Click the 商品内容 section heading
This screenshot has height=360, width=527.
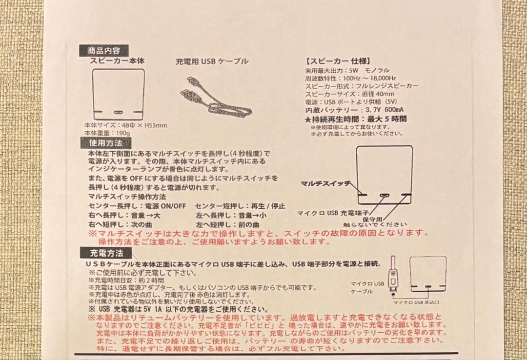pos(103,50)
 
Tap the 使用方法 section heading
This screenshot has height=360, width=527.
pos(103,143)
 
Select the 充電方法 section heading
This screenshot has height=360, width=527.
pos(103,253)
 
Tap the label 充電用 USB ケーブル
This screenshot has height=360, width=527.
pos(212,61)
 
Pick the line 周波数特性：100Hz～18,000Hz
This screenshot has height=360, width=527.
pos(350,78)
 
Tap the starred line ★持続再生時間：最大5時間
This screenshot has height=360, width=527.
pos(356,119)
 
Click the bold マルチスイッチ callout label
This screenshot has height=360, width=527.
pos(325,183)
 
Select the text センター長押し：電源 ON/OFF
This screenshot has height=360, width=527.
pos(138,206)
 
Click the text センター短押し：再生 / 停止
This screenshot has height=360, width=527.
pos(240,206)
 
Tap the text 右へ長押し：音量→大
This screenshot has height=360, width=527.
pos(124,215)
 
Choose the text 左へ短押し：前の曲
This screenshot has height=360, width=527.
pos(227,224)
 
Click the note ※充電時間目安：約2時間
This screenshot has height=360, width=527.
pos(126,281)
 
